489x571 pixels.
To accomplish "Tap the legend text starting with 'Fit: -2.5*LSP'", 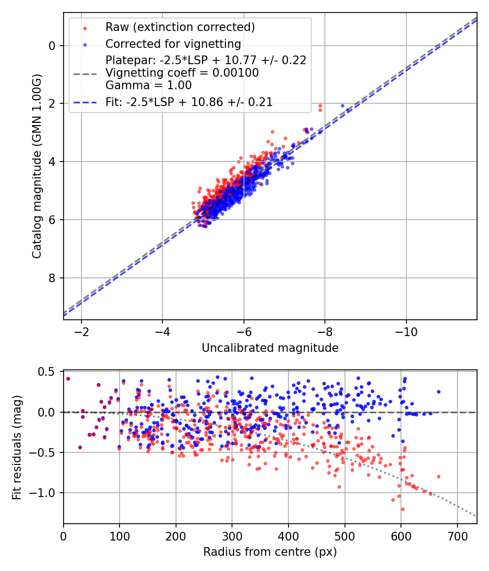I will [189, 102].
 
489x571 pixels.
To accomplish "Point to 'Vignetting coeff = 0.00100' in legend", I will [182, 73].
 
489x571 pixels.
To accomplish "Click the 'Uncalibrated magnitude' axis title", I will [270, 348].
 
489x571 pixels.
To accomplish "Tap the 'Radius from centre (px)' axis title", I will [270, 552].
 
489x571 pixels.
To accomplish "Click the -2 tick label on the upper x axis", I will [81, 332].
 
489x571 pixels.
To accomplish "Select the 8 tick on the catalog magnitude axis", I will [52, 278].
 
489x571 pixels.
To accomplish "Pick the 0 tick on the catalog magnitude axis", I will [52, 45].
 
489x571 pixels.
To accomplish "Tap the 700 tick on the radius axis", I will [457, 536].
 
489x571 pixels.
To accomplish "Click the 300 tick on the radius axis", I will [232, 536].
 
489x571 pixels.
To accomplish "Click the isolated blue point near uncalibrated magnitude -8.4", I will [342, 105].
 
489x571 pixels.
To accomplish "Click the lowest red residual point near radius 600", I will [403, 509].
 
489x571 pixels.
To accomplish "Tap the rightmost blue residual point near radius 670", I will [438, 392].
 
